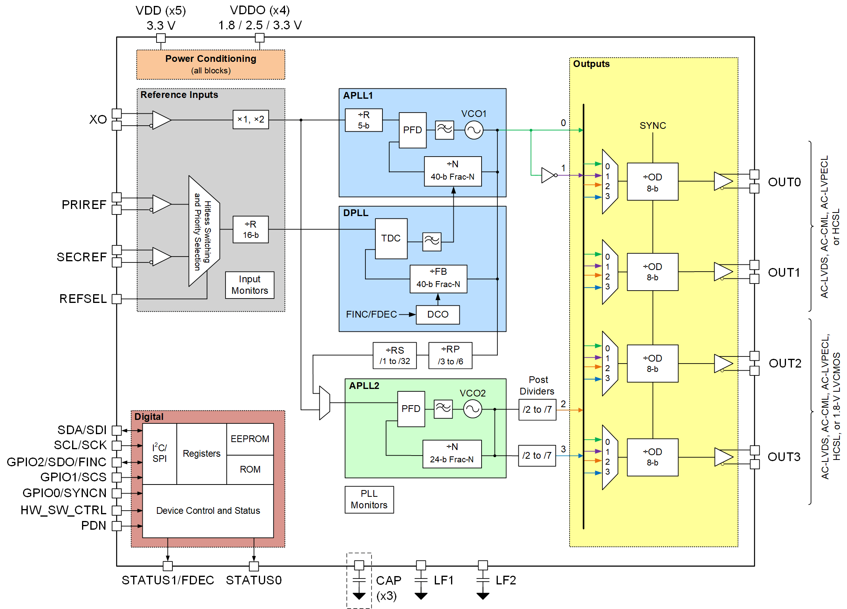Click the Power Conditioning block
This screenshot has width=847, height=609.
point(210,64)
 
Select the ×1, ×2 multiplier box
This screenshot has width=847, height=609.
point(250,119)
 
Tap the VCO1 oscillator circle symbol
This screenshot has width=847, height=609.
point(474,130)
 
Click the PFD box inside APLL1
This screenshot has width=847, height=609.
point(412,130)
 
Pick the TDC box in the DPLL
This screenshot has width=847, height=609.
point(391,238)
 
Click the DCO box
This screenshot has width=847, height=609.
point(438,314)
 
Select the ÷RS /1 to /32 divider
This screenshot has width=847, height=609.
point(394,356)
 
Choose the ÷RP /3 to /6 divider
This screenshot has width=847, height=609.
point(450,356)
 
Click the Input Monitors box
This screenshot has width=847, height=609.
point(250,285)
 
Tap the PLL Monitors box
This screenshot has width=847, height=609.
point(369,499)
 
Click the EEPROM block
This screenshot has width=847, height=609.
point(250,439)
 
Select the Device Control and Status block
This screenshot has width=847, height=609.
point(208,511)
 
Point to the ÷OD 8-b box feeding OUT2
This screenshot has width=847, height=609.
point(652,363)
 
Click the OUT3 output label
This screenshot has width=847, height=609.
point(784,457)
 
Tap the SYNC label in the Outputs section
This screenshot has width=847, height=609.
point(652,126)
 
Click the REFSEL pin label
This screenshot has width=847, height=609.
point(83,299)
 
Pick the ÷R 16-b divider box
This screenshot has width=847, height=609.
point(250,230)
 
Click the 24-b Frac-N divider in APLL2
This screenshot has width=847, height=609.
point(452,454)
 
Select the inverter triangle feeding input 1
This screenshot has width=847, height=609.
point(548,175)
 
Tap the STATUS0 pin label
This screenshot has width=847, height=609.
point(254,580)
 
